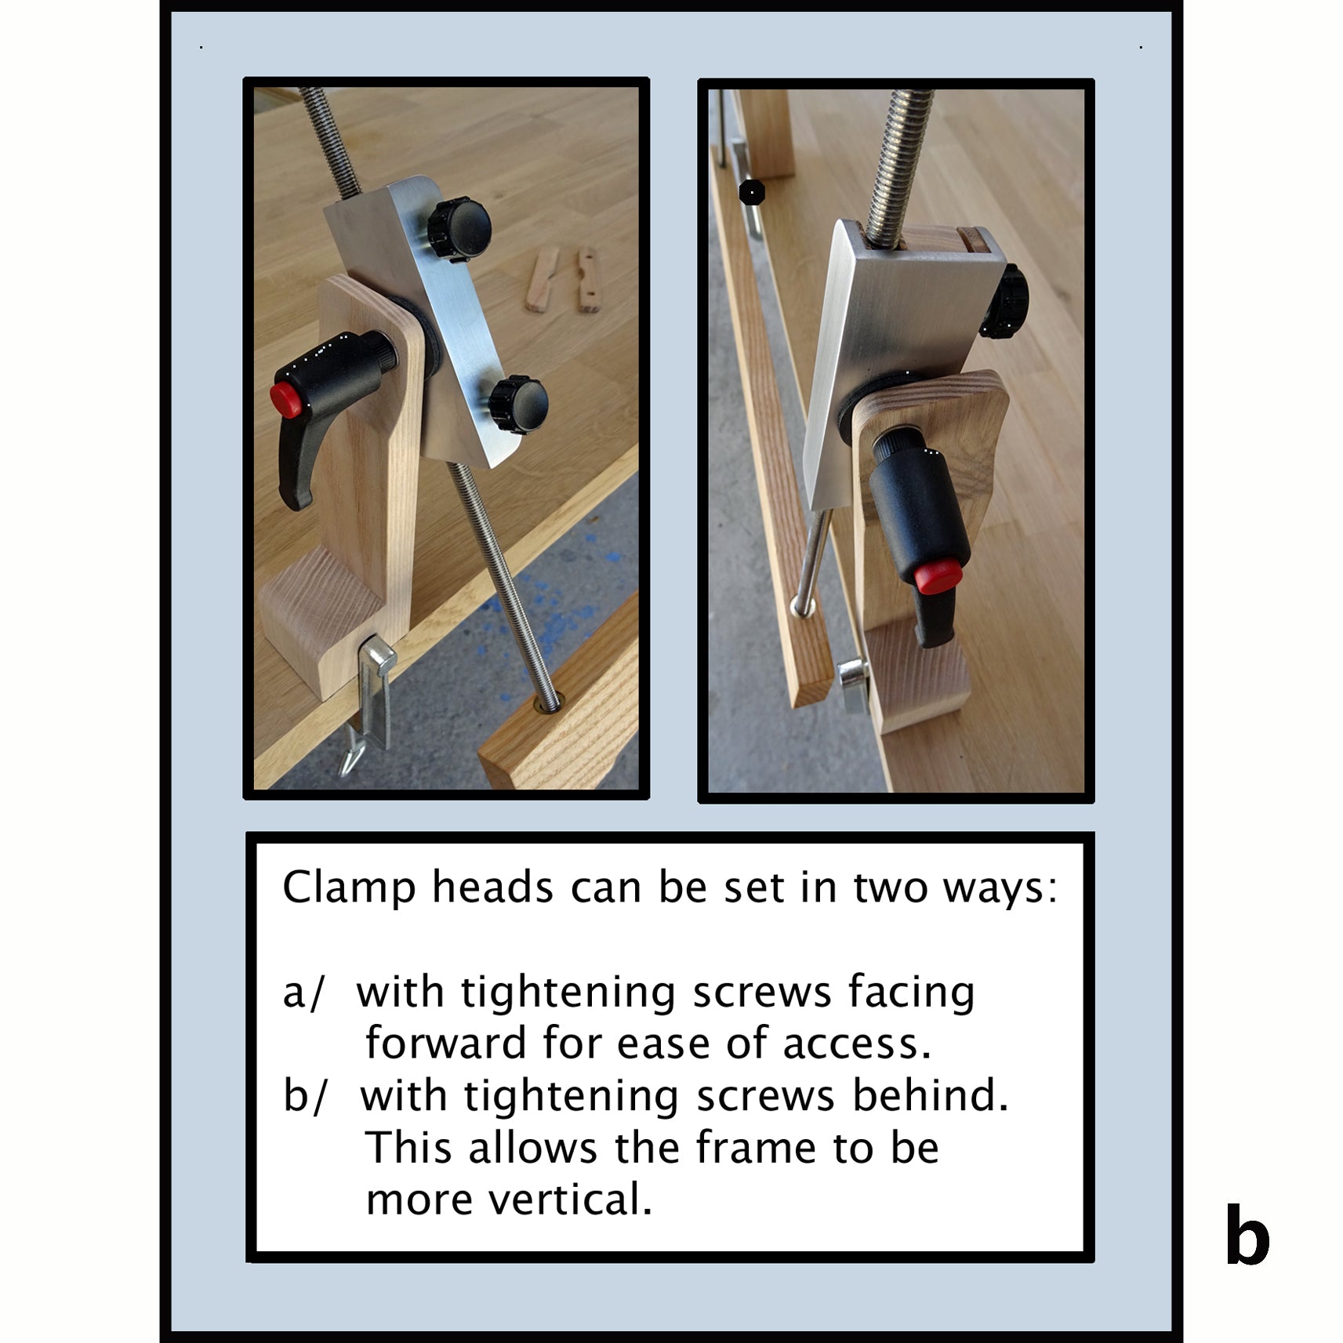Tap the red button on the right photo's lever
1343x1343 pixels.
(x=938, y=577)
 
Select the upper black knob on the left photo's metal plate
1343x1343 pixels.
(x=459, y=229)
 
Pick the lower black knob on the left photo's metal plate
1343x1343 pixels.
(x=518, y=405)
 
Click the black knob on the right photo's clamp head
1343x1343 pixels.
(x=1005, y=302)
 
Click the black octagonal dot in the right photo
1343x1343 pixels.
(x=752, y=192)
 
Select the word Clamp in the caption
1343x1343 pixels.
(x=349, y=887)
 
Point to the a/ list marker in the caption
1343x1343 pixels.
(x=303, y=993)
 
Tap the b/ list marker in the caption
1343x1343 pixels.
(x=304, y=1096)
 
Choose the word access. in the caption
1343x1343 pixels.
(x=857, y=1044)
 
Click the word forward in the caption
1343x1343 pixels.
(x=445, y=1044)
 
